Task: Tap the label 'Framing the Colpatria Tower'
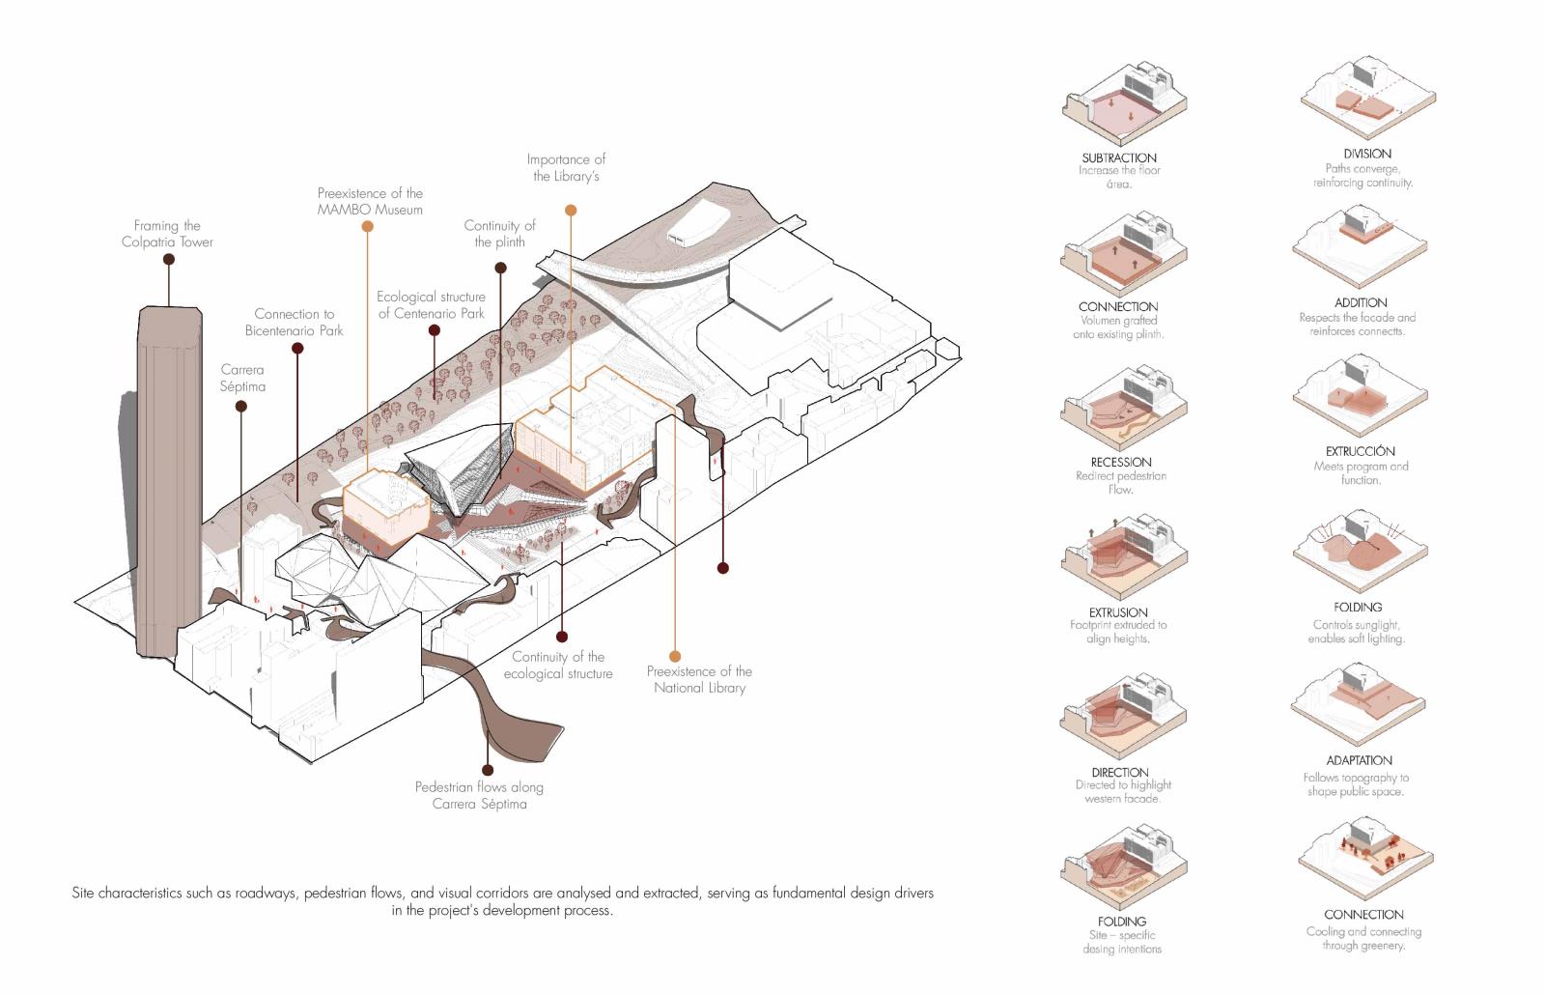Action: point(167,234)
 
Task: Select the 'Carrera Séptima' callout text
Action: point(242,378)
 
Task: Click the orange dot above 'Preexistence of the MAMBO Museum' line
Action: point(368,227)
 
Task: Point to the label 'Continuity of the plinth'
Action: point(499,234)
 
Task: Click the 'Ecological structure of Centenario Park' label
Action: point(431,305)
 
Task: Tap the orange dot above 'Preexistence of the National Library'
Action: point(674,657)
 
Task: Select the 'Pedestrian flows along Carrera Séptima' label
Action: point(479,795)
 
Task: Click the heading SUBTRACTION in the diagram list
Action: point(1119,157)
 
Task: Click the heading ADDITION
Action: point(1361,302)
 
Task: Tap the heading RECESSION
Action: point(1121,462)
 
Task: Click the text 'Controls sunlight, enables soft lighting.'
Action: point(1357,632)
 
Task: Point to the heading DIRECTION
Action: point(1120,772)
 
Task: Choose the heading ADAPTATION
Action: point(1359,760)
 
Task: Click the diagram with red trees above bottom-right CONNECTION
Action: point(1362,860)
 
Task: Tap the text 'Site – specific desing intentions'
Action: point(1122,942)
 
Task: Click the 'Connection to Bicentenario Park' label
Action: point(294,322)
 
